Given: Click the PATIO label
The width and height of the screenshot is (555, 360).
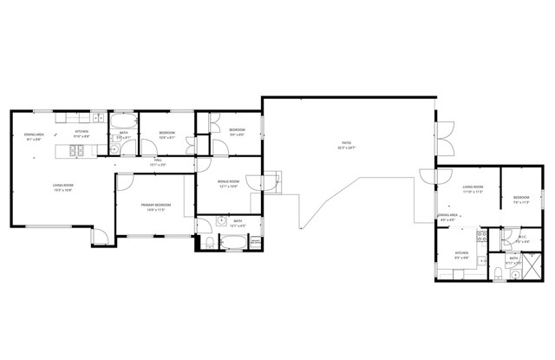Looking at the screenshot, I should [x=346, y=142].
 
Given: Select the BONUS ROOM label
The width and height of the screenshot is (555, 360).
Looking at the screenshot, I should [x=229, y=182].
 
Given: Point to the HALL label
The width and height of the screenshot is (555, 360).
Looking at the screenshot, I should [x=159, y=160].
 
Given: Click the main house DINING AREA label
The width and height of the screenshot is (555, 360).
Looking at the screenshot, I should [x=35, y=134].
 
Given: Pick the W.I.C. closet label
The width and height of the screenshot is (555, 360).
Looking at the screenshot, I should [x=522, y=237].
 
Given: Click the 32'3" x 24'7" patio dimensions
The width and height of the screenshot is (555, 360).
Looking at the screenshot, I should [x=346, y=147].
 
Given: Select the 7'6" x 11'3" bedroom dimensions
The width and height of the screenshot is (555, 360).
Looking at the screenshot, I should [x=519, y=202].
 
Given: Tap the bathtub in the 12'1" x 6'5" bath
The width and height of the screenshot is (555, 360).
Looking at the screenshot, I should [x=235, y=242].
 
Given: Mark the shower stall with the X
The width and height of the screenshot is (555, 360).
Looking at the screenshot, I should [x=536, y=270].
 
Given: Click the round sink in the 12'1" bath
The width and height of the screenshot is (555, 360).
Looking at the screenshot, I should [x=222, y=219].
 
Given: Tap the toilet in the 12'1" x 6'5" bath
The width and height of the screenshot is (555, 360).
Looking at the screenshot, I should [x=208, y=242].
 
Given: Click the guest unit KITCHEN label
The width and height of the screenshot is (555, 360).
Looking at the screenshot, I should [x=462, y=252].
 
